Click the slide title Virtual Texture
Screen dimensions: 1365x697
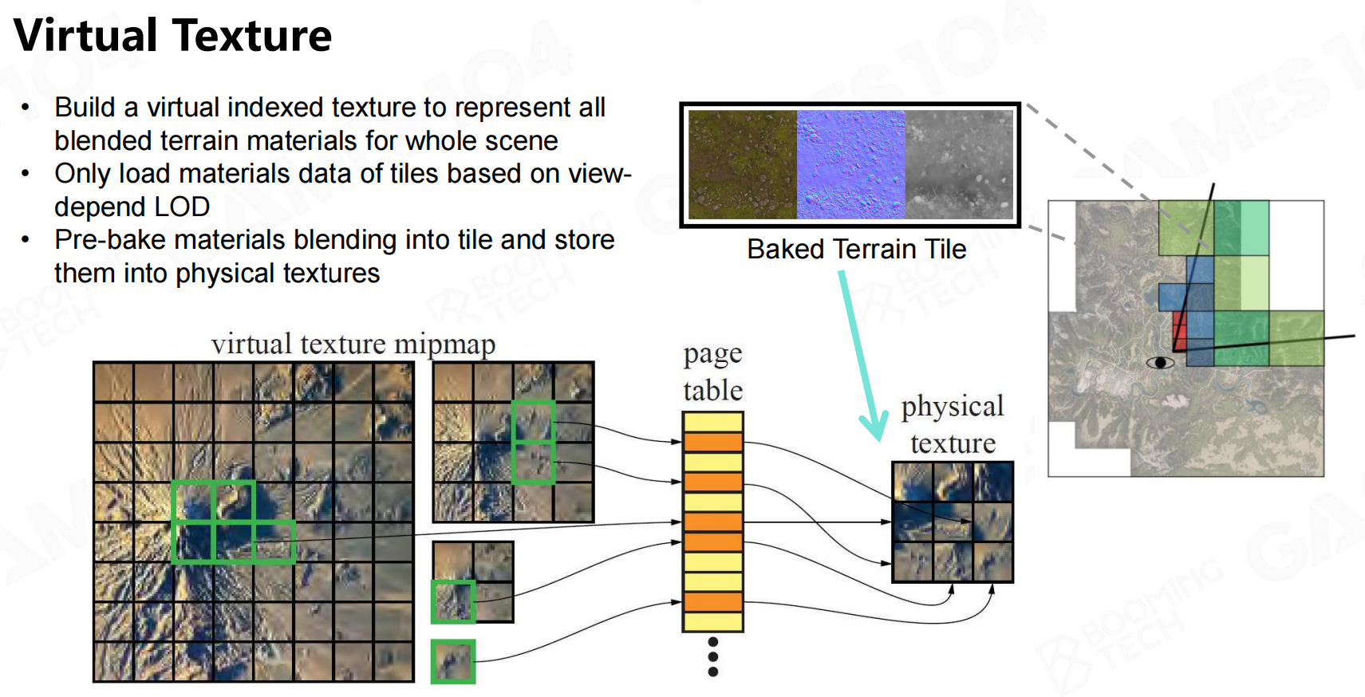click(172, 35)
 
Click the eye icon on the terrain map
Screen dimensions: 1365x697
click(1160, 363)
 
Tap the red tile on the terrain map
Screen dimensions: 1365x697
click(1179, 332)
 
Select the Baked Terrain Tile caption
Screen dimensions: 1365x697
click(856, 249)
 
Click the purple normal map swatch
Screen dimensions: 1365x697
click(850, 164)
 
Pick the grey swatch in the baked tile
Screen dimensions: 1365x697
click(959, 164)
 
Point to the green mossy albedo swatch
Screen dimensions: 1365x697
click(743, 164)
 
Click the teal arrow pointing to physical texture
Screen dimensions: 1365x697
click(861, 355)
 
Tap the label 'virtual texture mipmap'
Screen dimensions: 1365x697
click(353, 345)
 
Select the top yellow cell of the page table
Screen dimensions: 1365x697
click(713, 422)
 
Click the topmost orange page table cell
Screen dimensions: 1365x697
click(713, 442)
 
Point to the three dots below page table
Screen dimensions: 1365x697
click(713, 657)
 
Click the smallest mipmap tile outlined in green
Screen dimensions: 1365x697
click(453, 661)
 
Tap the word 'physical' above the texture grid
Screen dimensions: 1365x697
click(952, 407)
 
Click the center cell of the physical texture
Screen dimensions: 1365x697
click(953, 522)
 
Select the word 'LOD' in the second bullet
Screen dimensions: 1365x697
click(182, 207)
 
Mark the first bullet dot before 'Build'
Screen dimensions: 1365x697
click(25, 108)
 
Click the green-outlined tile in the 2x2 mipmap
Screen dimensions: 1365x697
click(453, 602)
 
